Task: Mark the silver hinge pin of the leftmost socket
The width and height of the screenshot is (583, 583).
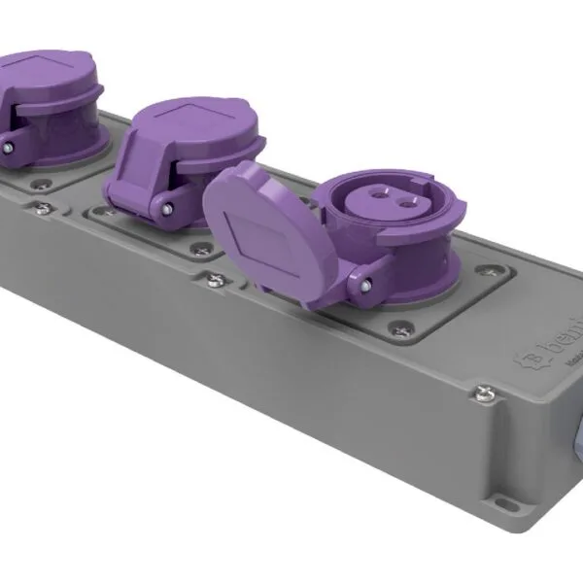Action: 8,146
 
